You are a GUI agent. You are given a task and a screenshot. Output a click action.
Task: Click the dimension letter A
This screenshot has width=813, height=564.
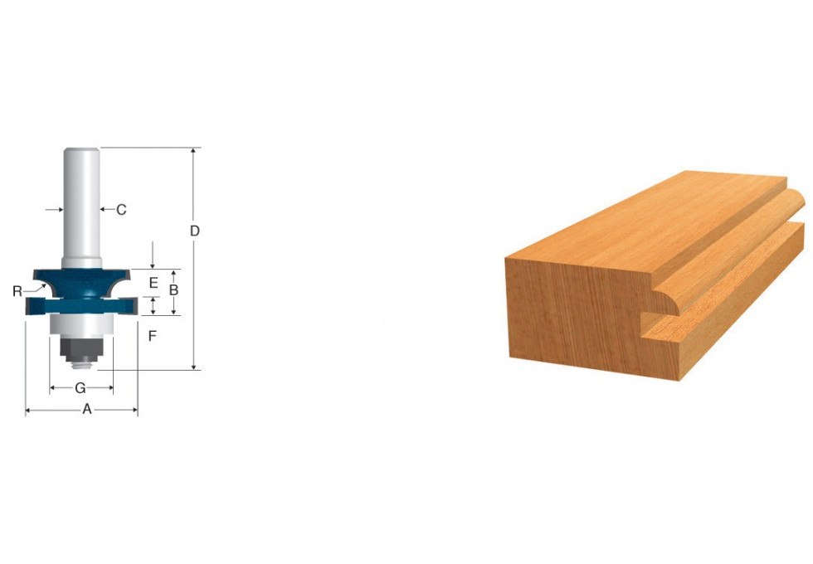pyautogui.click(x=87, y=409)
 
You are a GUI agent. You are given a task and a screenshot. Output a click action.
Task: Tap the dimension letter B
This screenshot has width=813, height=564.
pyautogui.click(x=173, y=289)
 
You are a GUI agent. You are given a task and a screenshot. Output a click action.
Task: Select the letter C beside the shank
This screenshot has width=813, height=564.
pyautogui.click(x=121, y=209)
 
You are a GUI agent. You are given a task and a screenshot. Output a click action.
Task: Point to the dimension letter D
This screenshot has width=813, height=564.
pyautogui.click(x=195, y=231)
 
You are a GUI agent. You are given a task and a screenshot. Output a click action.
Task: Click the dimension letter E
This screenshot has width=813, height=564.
pyautogui.click(x=153, y=283)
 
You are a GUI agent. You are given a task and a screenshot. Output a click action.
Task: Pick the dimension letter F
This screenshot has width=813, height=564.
pyautogui.click(x=153, y=336)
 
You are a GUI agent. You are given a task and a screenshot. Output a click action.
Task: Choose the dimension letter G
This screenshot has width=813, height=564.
pyautogui.click(x=80, y=388)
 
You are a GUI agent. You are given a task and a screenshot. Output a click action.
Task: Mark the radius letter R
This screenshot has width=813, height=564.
pyautogui.click(x=17, y=291)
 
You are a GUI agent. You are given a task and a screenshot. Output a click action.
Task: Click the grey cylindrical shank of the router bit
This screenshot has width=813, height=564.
pyautogui.click(x=82, y=207)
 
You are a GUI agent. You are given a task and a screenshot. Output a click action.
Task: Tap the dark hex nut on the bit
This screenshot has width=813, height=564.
pyautogui.click(x=81, y=348)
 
